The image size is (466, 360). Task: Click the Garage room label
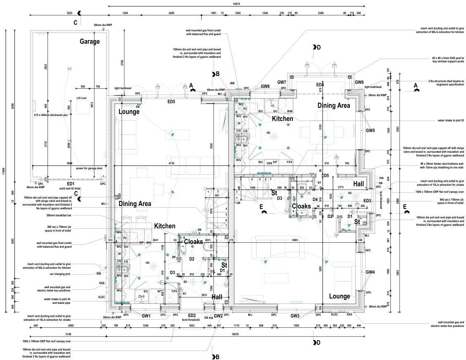(90, 41)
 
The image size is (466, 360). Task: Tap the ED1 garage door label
(70, 184)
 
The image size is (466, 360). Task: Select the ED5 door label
(171, 102)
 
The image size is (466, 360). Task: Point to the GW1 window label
(146, 316)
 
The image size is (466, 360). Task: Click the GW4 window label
(370, 272)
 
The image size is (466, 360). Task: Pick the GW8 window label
(265, 86)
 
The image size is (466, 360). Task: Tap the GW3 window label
(295, 316)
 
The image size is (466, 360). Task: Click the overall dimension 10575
(236, 4)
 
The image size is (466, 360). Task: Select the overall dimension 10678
(235, 334)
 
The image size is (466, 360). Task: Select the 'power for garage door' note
(89, 168)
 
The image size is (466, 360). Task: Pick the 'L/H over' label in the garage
(81, 98)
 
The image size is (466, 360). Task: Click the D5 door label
(326, 175)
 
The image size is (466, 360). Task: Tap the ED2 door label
(192, 315)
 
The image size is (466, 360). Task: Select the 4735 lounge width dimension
(171, 163)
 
